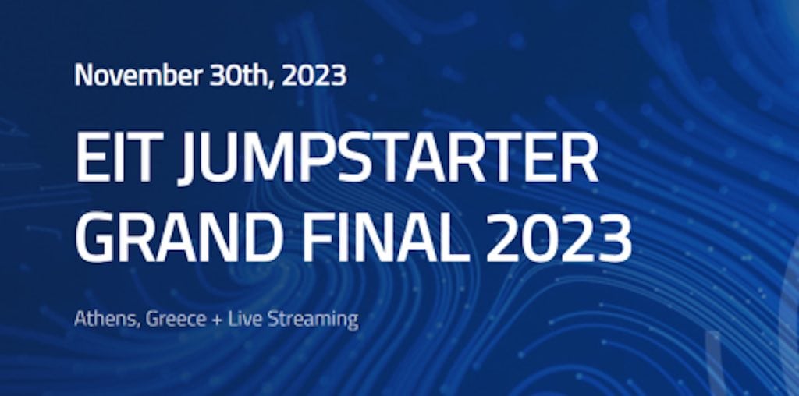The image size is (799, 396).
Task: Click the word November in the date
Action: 137,75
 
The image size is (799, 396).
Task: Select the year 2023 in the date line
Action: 314,76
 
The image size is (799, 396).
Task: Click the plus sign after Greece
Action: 218,320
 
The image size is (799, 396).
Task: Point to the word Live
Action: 246,319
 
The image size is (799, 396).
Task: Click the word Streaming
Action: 313,320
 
